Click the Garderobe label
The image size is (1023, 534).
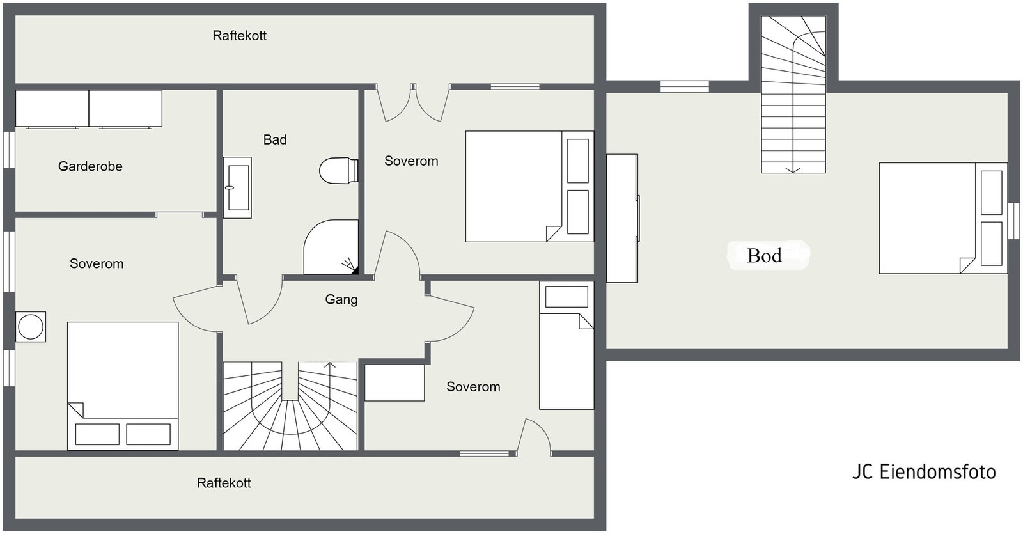click(90, 166)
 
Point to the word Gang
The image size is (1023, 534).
click(341, 299)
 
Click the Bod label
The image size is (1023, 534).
click(764, 256)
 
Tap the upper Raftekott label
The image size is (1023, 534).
click(239, 36)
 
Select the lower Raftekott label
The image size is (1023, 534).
click(224, 483)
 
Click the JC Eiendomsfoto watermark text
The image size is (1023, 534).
click(923, 472)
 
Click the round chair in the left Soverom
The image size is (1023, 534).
click(31, 327)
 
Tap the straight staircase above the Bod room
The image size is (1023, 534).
click(793, 96)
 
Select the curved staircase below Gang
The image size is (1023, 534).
click(290, 407)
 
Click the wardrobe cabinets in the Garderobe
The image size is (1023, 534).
click(89, 108)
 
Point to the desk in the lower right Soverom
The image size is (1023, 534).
click(394, 382)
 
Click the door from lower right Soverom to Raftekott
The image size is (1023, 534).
click(535, 437)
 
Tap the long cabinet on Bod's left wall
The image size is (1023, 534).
click(621, 218)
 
